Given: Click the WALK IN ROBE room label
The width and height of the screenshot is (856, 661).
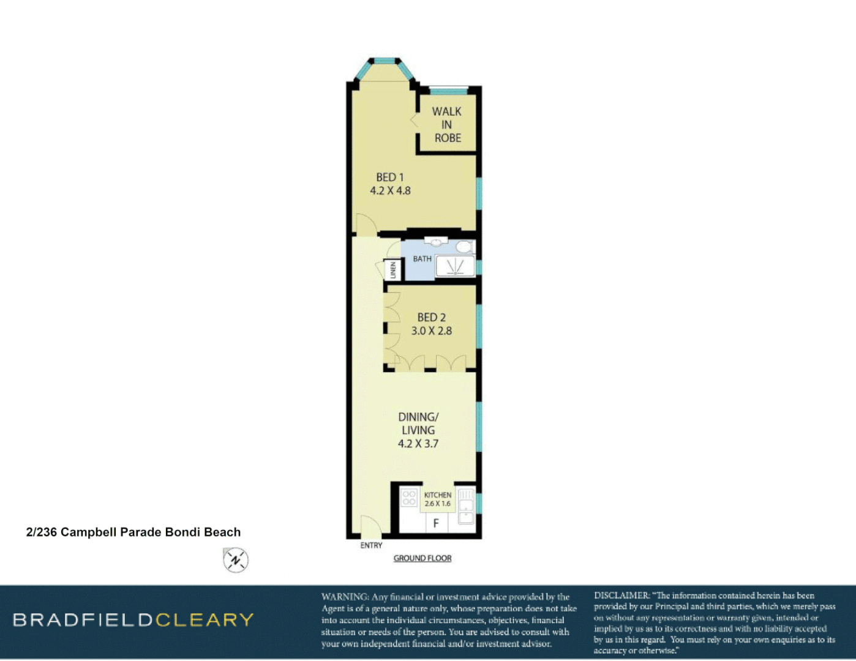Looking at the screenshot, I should click(x=447, y=125).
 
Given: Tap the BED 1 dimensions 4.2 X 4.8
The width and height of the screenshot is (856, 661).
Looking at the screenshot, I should click(x=390, y=191).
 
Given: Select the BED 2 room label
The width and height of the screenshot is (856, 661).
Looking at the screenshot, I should click(x=431, y=318).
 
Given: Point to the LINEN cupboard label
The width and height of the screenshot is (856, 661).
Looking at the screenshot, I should click(x=393, y=270).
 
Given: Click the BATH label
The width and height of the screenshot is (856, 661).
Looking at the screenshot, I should click(x=422, y=259).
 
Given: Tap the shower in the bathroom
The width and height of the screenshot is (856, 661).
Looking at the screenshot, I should click(x=454, y=267).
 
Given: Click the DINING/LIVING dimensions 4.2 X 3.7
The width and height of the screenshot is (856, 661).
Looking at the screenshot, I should click(x=418, y=444).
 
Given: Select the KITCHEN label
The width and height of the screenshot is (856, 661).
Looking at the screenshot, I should click(x=437, y=495).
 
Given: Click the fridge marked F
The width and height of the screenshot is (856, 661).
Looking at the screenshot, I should click(x=436, y=523).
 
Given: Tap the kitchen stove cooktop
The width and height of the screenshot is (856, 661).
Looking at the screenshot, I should click(x=409, y=498).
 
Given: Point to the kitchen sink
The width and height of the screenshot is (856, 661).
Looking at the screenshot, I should click(x=466, y=506).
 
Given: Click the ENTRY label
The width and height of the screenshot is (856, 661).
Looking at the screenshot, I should click(x=371, y=545).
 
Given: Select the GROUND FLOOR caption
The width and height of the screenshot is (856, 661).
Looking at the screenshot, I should click(x=422, y=558).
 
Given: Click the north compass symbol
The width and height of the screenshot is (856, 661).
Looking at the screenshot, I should click(x=235, y=560).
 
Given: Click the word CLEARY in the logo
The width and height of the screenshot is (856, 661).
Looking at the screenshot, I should click(x=204, y=620).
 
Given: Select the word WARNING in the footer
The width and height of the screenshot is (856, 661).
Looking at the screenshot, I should click(x=345, y=597).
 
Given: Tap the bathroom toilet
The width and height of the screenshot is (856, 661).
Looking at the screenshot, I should click(x=464, y=247).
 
